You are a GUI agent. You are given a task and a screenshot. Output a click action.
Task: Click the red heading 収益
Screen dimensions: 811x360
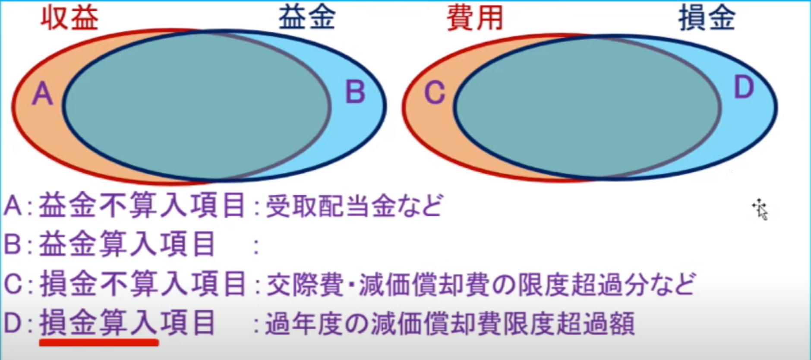[x=70, y=19]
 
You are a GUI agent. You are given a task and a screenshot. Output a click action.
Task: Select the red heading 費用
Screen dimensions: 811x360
[x=475, y=19]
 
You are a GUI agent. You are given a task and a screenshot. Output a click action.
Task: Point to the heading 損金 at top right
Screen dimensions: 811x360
[x=707, y=18]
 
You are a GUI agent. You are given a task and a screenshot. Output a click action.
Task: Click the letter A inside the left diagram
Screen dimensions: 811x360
[x=43, y=94]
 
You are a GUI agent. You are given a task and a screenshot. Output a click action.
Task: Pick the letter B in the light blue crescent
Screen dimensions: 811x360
[x=355, y=92]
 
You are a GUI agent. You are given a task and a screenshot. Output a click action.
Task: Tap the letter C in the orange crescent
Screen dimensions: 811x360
[x=434, y=93]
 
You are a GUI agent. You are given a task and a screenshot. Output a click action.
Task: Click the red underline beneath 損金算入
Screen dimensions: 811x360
[x=99, y=342]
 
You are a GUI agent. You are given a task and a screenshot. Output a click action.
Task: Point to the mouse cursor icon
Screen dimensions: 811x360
[x=760, y=209]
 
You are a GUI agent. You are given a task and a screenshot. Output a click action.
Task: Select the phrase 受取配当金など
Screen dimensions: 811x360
[x=354, y=206]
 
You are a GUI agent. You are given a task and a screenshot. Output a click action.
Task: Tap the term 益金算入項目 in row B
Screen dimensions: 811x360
[x=127, y=244]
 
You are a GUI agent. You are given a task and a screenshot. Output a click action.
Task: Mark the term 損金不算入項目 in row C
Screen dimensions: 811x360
[x=143, y=284]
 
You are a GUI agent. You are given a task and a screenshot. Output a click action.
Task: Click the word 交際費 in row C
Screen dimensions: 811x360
[x=305, y=285]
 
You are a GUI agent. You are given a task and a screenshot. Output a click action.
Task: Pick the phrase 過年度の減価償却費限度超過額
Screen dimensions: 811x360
[x=449, y=324]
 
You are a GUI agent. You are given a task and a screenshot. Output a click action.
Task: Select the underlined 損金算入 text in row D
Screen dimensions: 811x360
[x=99, y=323]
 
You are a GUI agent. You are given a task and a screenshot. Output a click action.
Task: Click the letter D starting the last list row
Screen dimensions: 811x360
[x=13, y=323]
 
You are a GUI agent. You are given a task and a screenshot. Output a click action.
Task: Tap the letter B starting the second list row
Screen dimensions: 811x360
[x=12, y=244]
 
